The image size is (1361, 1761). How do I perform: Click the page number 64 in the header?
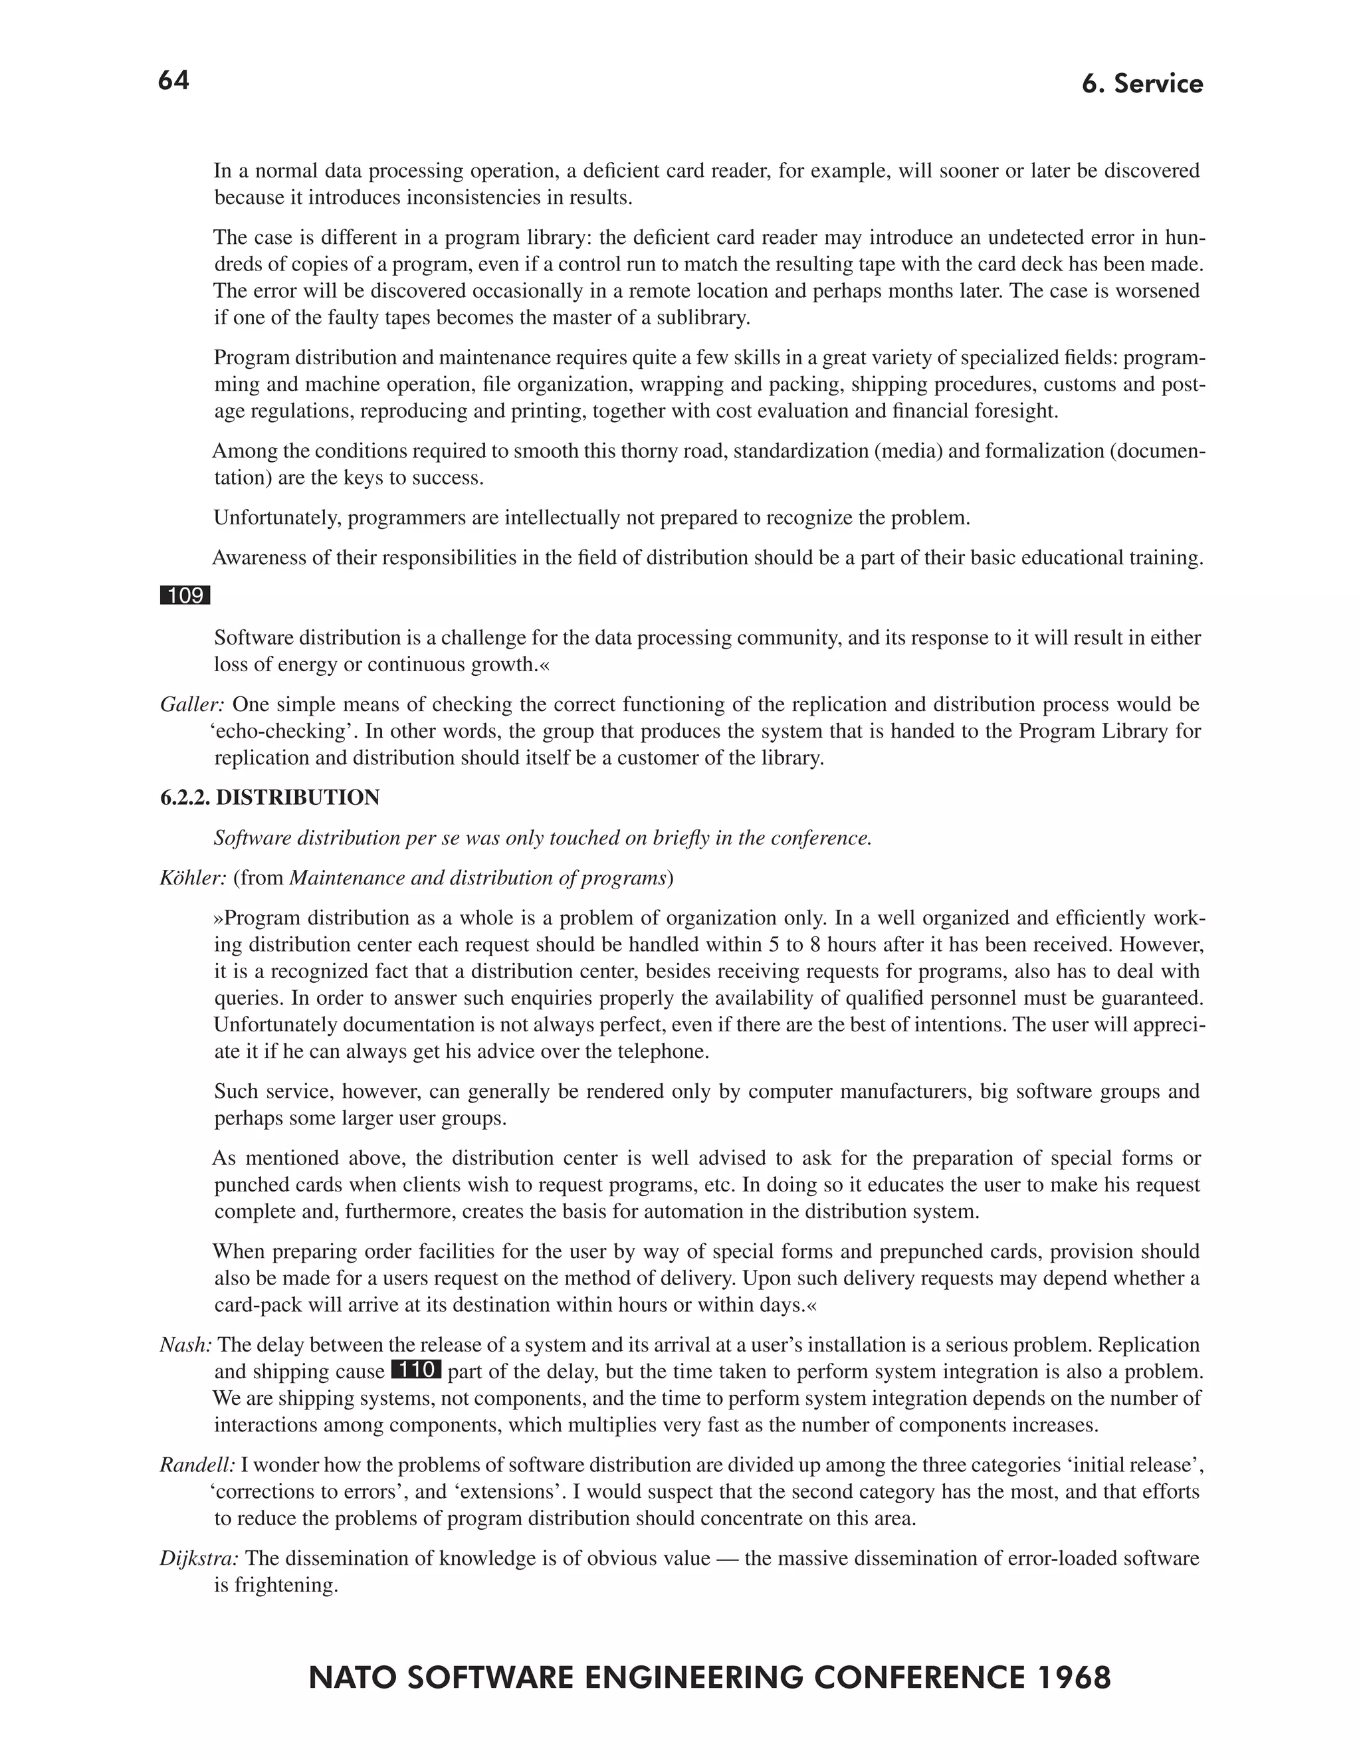(173, 80)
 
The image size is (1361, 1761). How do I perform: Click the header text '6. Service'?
(1142, 84)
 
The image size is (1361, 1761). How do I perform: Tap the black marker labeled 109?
(185, 596)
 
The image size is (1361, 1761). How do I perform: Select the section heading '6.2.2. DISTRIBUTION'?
(269, 797)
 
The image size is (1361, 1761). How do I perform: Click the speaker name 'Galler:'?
(192, 704)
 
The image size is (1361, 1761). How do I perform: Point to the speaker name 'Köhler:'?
(193, 877)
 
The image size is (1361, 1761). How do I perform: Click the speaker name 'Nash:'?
(185, 1344)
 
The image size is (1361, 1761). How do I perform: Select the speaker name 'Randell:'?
(197, 1464)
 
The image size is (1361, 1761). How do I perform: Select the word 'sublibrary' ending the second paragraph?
(702, 318)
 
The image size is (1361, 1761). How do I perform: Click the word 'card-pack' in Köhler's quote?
(256, 1304)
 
